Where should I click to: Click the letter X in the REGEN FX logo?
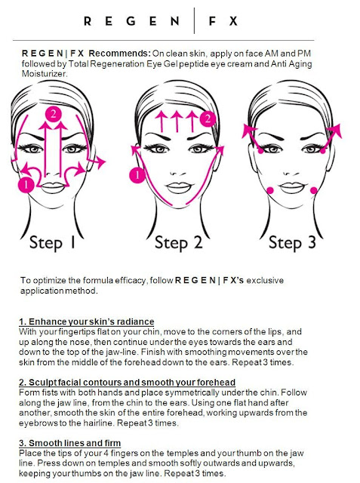pos(233,21)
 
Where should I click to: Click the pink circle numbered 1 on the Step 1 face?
pos(26,185)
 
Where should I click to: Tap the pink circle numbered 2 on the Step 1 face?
pos(54,114)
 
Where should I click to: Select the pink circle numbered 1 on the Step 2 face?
pos(137,175)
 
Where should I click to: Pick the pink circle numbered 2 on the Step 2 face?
pos(208,118)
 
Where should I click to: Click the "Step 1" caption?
pos(52,243)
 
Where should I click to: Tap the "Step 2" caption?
pos(178,243)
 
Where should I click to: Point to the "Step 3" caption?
pos(292,243)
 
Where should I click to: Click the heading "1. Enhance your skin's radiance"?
pos(87,321)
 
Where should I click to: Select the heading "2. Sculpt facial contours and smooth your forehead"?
pos(128,383)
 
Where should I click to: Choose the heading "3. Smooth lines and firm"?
pos(70,443)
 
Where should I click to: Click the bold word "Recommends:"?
pos(119,54)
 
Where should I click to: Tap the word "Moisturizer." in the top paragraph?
pos(45,74)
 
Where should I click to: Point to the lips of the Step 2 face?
pos(179,186)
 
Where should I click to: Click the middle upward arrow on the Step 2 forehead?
pos(177,122)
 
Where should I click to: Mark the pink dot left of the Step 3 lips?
pos(269,190)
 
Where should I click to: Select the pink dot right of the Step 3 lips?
pos(313,190)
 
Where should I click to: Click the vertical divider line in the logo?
pos(194,20)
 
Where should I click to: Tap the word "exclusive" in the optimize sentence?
pos(265,280)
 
